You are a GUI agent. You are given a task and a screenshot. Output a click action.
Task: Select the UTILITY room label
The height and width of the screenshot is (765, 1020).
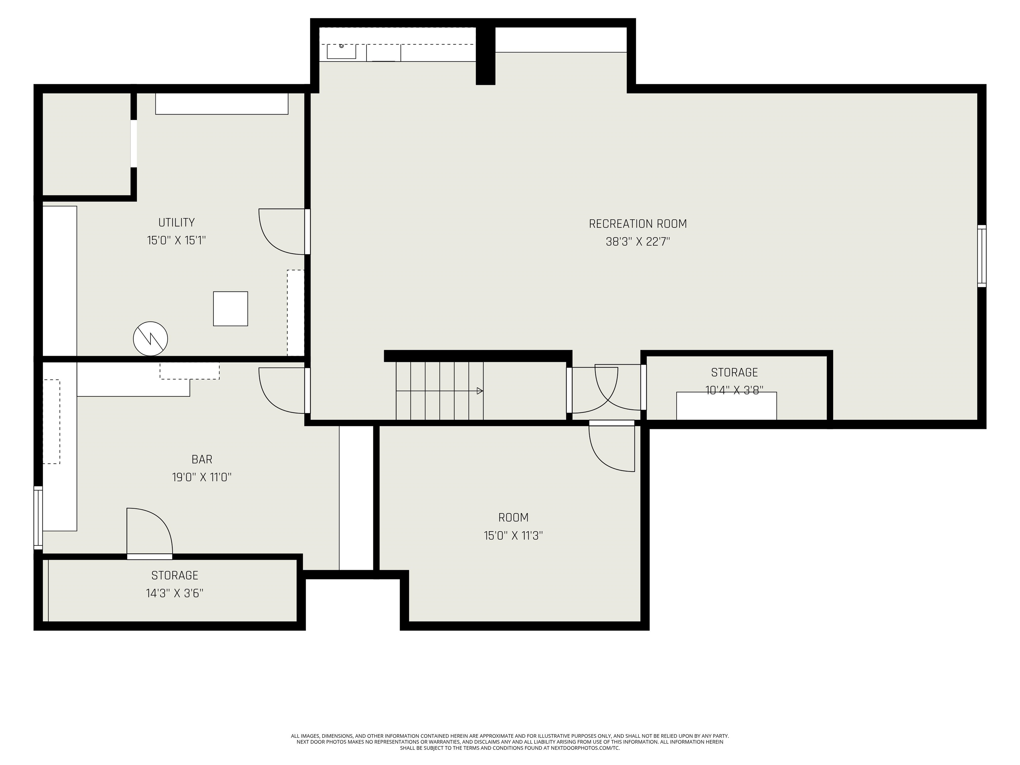176,222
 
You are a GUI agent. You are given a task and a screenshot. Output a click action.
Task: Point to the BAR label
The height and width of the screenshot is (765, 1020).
202,459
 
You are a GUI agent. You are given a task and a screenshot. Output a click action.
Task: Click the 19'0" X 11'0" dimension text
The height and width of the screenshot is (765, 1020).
202,477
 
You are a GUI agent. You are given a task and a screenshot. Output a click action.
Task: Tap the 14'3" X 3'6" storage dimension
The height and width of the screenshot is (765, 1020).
174,593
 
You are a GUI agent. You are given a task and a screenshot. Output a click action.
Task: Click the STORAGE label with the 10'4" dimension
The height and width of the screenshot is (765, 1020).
734,372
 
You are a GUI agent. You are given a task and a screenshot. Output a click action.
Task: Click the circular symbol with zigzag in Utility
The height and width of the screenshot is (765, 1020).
150,338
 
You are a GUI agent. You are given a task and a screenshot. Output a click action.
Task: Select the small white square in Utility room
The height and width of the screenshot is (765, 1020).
230,308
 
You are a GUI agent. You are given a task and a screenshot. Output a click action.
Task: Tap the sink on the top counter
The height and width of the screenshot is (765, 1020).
341,51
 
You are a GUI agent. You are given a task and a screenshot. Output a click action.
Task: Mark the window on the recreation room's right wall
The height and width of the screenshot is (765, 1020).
982,256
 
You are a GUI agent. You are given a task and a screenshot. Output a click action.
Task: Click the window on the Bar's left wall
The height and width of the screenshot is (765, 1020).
38,517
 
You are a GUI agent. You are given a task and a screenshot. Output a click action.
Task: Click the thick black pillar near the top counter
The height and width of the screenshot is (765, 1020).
485,55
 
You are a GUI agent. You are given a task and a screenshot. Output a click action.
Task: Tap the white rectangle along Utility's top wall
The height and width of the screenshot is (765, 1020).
221,104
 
